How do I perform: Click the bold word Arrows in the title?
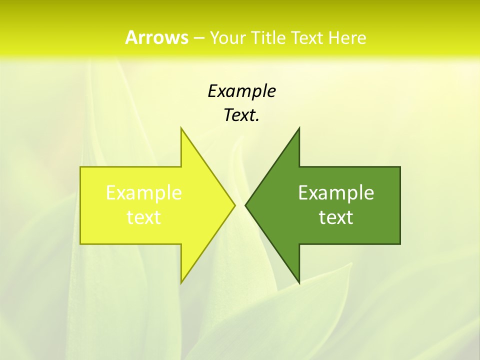(x=156, y=37)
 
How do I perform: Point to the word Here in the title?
(x=348, y=38)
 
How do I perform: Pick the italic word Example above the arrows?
(x=241, y=91)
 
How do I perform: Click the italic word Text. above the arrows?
(x=241, y=115)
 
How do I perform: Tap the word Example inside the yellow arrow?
(x=144, y=192)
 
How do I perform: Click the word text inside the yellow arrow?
(x=144, y=217)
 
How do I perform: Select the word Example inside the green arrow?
(x=336, y=192)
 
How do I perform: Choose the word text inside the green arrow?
(x=336, y=217)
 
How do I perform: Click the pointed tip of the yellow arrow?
(x=234, y=205)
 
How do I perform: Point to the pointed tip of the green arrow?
(x=245, y=205)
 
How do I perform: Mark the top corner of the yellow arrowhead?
(x=181, y=128)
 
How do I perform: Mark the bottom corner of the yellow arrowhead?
(x=181, y=282)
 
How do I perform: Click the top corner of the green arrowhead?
(x=299, y=128)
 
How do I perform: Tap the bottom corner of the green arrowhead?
(x=299, y=282)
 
